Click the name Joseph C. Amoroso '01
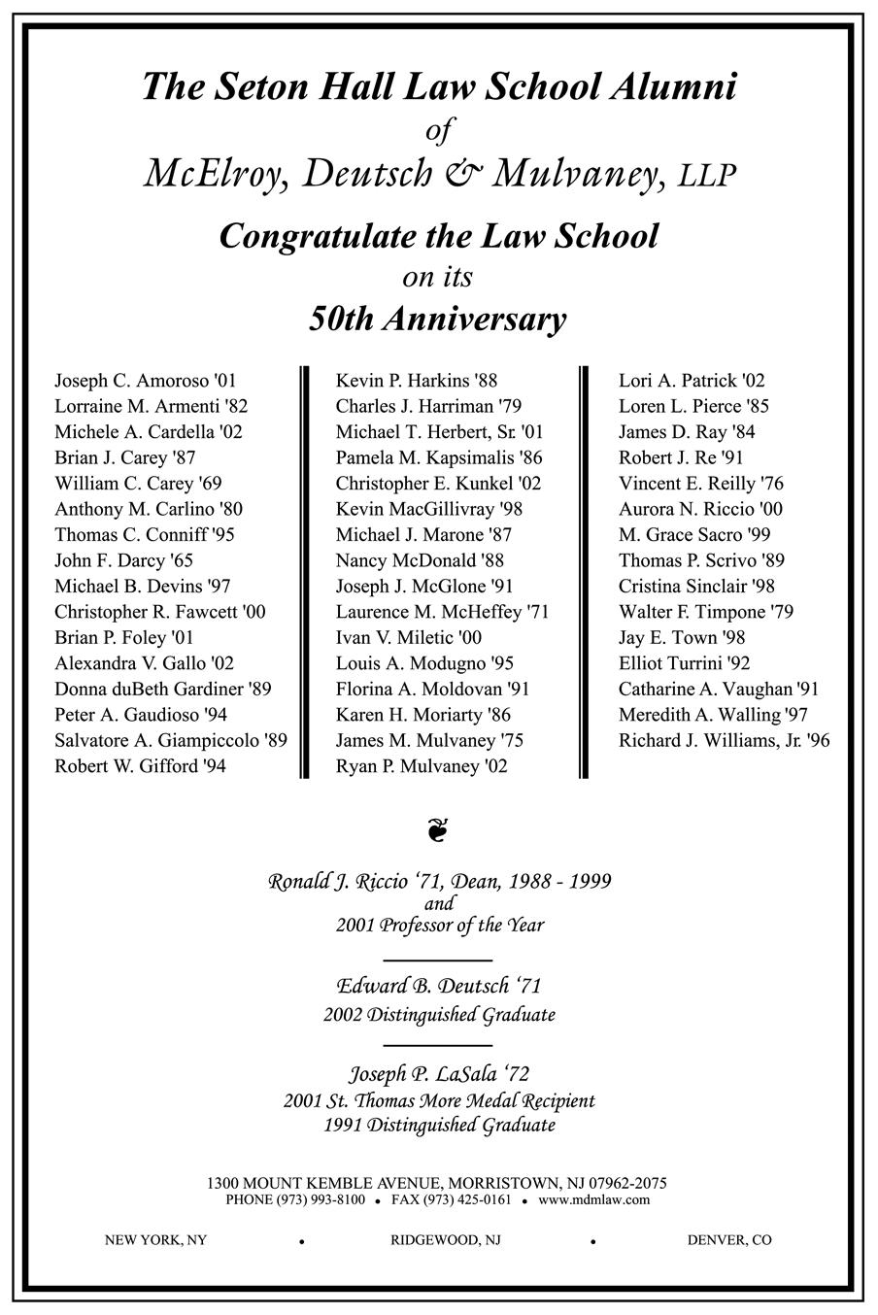[x=145, y=381]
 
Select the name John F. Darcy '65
[x=123, y=560]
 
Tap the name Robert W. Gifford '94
[x=140, y=766]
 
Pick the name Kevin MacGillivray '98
[x=423, y=509]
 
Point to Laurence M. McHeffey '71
[x=442, y=612]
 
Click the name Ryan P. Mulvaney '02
[x=422, y=766]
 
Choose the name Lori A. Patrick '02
[x=692, y=381]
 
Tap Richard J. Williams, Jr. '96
[x=724, y=740]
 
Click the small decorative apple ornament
[x=438, y=830]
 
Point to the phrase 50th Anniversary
[x=438, y=319]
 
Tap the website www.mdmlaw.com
[x=593, y=1199]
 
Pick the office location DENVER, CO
[x=728, y=1240]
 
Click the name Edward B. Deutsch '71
[x=439, y=986]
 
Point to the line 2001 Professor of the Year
[x=439, y=925]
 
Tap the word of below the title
[x=439, y=130]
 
